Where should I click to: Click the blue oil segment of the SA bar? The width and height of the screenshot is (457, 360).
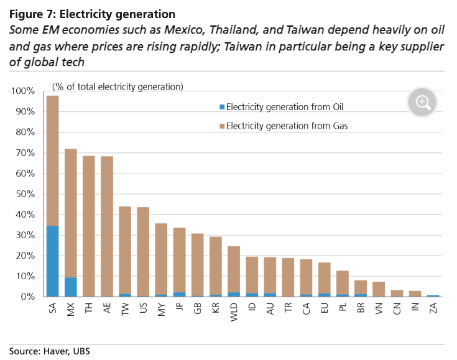[x=53, y=261]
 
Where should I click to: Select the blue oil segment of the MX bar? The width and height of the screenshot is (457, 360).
[x=71, y=287]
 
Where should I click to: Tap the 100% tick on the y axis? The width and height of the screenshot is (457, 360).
[x=23, y=91]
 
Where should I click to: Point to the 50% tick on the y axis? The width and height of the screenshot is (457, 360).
[x=25, y=194]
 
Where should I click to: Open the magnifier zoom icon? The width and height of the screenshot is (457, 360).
[x=423, y=103]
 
